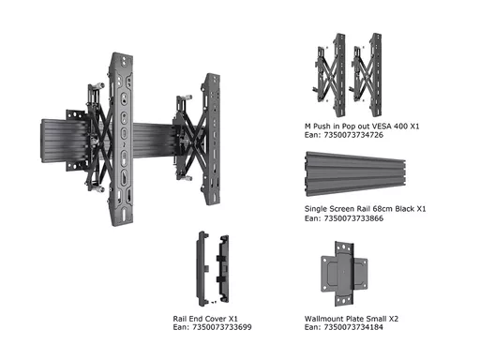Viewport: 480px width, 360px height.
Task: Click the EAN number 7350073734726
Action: click(x=353, y=135)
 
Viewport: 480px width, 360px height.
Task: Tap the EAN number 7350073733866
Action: click(x=353, y=218)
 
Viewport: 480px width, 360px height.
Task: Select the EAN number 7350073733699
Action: click(x=222, y=327)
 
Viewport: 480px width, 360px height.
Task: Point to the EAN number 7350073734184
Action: click(x=353, y=327)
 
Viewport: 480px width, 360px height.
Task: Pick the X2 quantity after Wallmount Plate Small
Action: click(x=394, y=319)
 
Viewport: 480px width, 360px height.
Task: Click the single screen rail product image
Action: click(x=355, y=174)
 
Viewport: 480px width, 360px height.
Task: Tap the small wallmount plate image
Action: click(x=344, y=274)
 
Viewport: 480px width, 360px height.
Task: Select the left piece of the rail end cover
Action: click(x=202, y=269)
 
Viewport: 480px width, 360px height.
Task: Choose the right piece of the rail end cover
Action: click(x=222, y=269)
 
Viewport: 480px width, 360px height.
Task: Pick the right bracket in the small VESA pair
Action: click(x=367, y=75)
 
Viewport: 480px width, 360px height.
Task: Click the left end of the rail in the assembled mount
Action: click(x=42, y=141)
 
